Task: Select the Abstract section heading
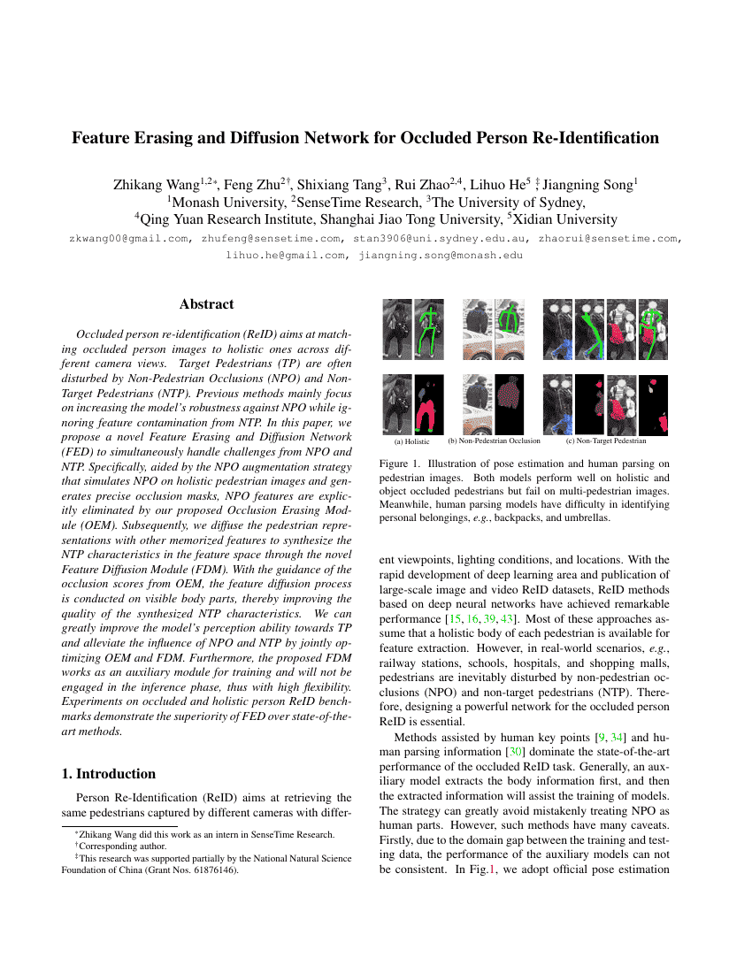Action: click(206, 304)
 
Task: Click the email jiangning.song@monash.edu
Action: click(441, 256)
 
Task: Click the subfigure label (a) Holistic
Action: click(411, 441)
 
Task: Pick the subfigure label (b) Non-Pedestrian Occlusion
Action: click(494, 441)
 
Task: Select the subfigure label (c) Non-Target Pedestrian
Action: click(606, 441)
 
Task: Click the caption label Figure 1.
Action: click(397, 464)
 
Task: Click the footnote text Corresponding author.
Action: click(118, 846)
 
